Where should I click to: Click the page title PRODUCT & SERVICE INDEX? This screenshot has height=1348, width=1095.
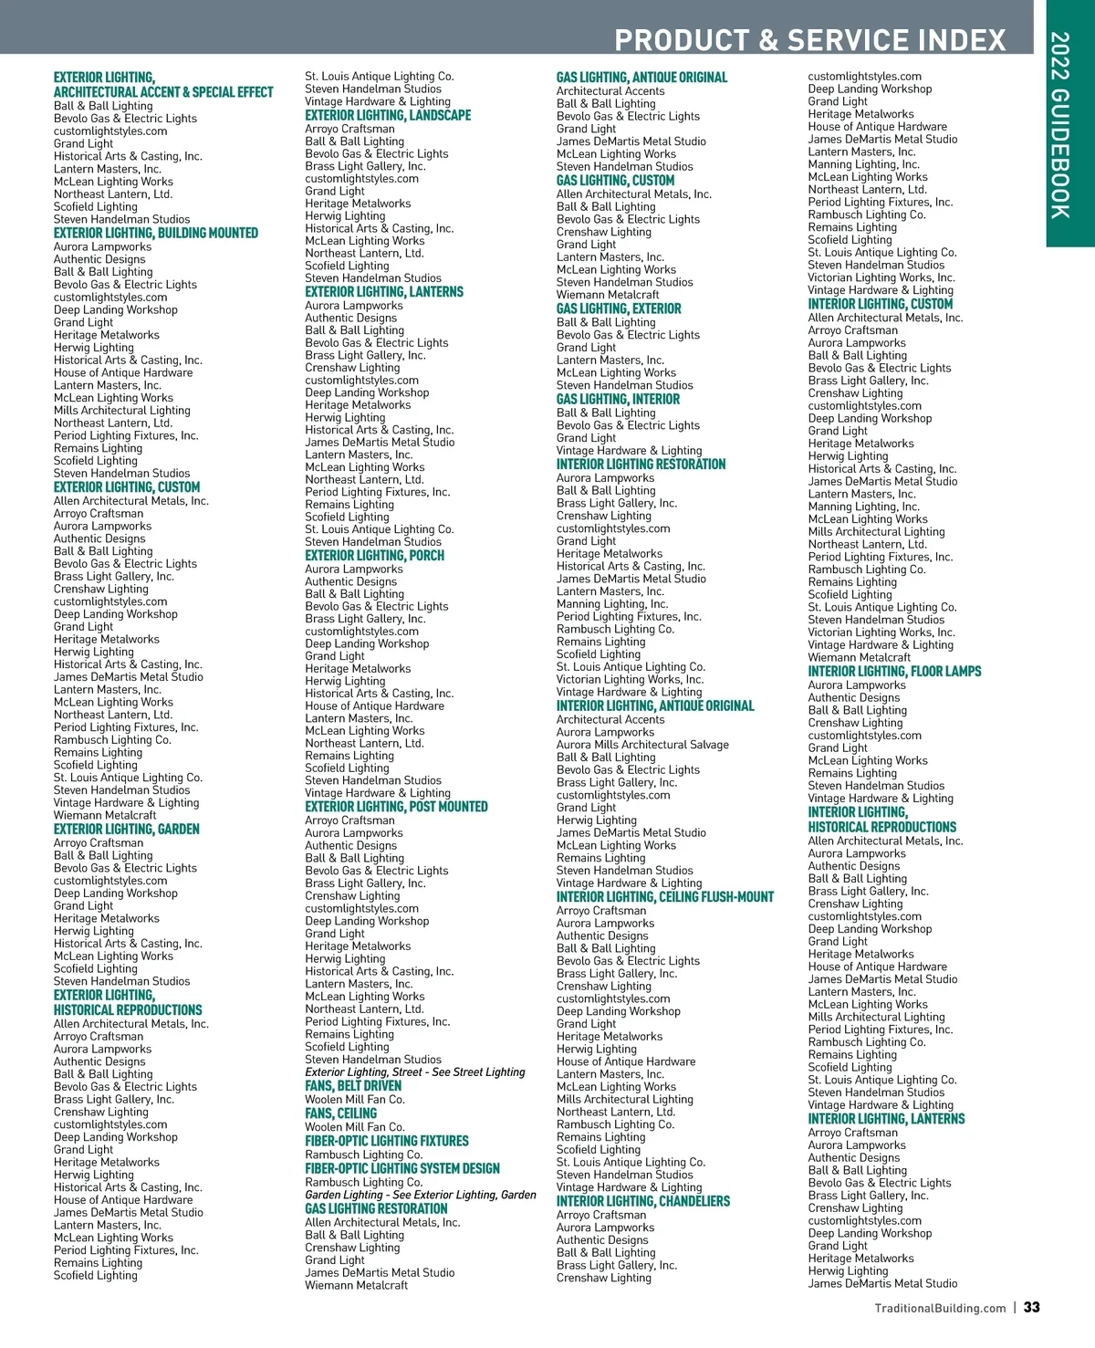coord(809,40)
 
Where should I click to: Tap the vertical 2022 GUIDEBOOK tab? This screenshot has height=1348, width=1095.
coord(1060,125)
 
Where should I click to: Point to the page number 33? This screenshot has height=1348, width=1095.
coord(1031,1307)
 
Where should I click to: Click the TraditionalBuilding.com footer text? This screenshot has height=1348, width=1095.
coord(940,1308)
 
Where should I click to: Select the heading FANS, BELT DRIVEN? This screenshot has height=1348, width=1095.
coord(353,1086)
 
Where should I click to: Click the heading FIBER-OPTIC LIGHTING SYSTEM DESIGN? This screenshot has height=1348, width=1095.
coord(402,1168)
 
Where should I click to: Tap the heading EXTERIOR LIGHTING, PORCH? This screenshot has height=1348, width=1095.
coord(374,555)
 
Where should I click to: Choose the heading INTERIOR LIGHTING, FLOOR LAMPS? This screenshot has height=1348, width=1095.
coord(894,671)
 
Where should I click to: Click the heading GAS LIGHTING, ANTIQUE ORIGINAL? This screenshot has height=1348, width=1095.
coord(641,78)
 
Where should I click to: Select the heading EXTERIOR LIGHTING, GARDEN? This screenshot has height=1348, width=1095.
coord(126,829)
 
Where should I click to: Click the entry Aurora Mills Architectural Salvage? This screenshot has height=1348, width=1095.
coord(642,745)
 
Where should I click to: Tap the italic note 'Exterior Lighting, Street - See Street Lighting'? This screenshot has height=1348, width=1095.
coord(414,1072)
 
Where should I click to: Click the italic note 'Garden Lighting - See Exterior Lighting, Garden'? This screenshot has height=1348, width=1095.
coord(420,1195)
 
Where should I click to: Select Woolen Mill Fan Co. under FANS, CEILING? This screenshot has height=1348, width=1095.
coord(354,1127)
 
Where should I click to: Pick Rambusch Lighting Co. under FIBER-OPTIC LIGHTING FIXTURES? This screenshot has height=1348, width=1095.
coord(363,1155)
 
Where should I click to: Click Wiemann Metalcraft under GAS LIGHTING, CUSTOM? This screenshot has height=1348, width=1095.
coord(607,295)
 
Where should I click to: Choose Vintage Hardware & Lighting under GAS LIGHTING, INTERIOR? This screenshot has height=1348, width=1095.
coord(629,450)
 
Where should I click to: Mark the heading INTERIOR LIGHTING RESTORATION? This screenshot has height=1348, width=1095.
coord(641,464)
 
